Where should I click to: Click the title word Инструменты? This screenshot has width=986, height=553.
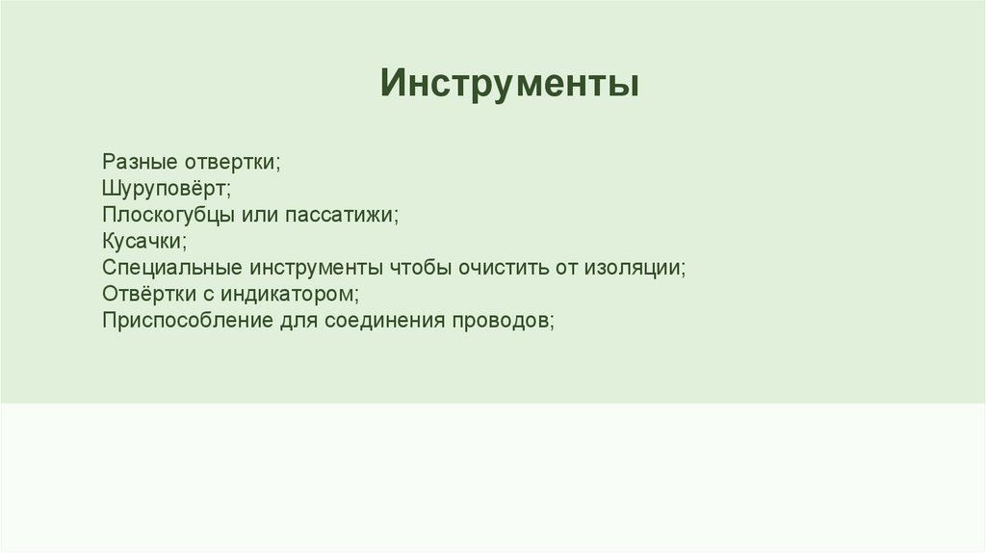click(509, 84)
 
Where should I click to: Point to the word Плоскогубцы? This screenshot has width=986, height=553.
click(163, 214)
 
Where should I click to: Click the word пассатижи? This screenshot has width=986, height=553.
click(348, 214)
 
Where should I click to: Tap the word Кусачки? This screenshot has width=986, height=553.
click(142, 240)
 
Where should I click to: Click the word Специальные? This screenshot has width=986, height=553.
click(173, 267)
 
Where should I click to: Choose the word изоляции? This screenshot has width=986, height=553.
click(632, 267)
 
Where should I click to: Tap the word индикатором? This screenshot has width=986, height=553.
click(290, 293)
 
